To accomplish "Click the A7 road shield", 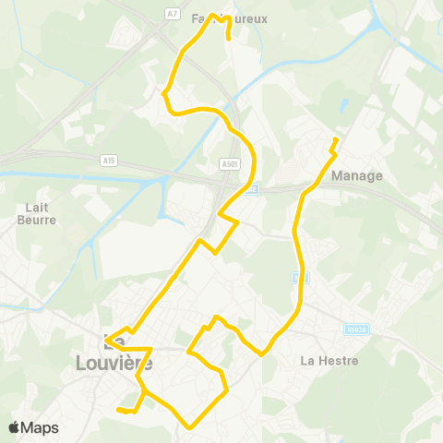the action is click(x=173, y=13).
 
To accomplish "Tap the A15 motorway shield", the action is click(x=110, y=160).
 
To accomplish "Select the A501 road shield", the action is click(x=230, y=163).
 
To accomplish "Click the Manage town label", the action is click(x=355, y=175).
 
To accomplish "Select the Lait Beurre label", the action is click(x=37, y=214).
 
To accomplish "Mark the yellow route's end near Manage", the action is click(x=335, y=139).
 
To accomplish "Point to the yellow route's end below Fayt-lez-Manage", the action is click(x=229, y=40).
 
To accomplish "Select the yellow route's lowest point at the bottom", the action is click(x=190, y=426).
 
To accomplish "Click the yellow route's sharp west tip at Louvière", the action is click(x=105, y=342).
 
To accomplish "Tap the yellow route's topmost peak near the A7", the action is click(x=213, y=15).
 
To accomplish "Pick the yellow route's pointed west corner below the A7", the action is click(x=163, y=93).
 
